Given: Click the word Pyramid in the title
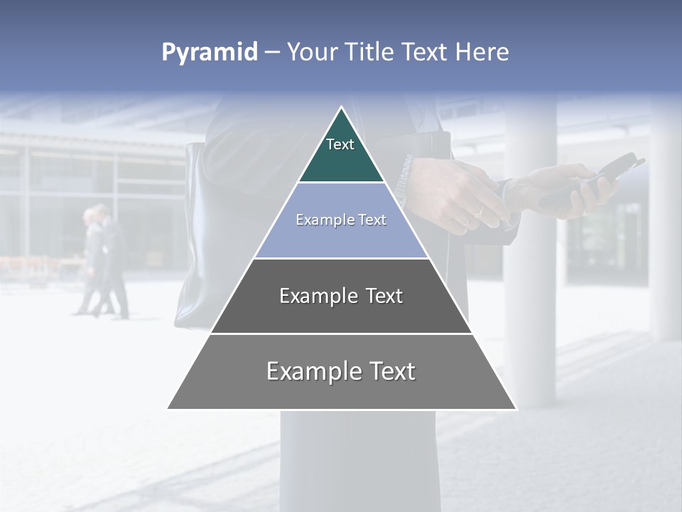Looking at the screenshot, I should pyautogui.click(x=210, y=53).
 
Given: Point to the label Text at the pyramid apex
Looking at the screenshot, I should pyautogui.click(x=340, y=144).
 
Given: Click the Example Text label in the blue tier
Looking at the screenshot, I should pyautogui.click(x=341, y=220).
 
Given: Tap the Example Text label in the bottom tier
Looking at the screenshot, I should pyautogui.click(x=341, y=371).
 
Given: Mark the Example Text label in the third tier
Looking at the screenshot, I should pyautogui.click(x=341, y=296).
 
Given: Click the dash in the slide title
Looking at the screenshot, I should pyautogui.click(x=272, y=53).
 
